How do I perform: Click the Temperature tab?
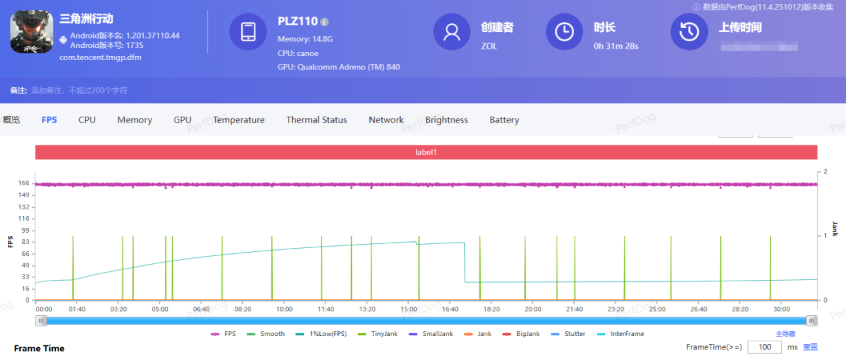(239, 120)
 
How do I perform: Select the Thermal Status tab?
(317, 120)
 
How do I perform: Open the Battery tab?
(504, 120)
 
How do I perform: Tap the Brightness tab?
(447, 120)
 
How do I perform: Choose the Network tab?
(386, 120)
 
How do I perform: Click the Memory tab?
(135, 120)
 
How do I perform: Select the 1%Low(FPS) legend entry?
(323, 334)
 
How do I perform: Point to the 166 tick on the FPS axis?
(25, 183)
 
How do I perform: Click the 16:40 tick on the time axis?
(450, 309)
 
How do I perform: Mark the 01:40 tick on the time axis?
(77, 309)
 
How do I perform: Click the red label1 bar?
(426, 152)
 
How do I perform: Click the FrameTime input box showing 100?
(765, 347)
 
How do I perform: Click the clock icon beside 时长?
(564, 31)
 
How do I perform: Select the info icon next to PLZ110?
(325, 22)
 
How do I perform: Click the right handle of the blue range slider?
(811, 321)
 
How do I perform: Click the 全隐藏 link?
(785, 334)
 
